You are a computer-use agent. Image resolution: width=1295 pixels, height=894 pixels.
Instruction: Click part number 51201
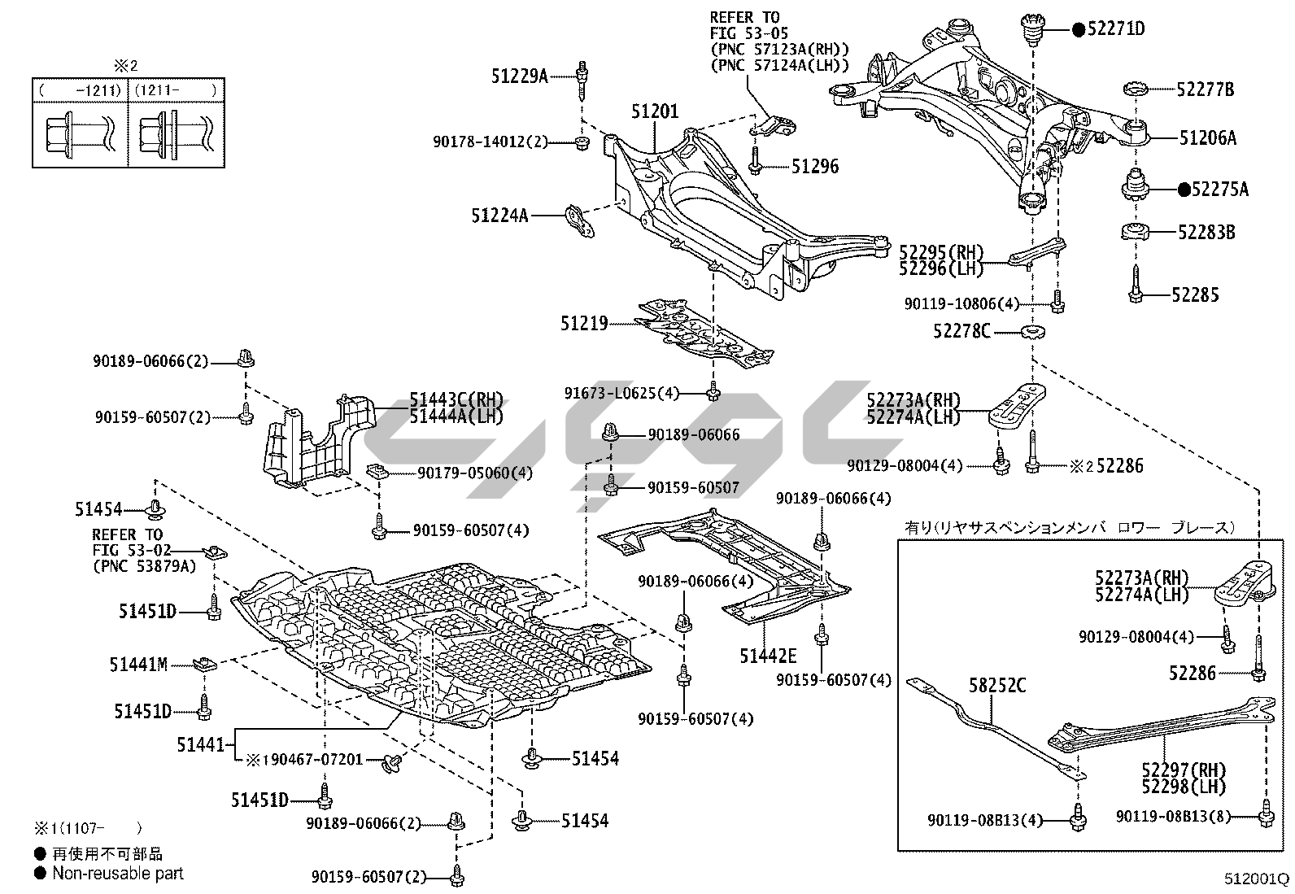point(654,111)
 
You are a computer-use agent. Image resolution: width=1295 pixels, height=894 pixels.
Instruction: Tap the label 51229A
point(519,76)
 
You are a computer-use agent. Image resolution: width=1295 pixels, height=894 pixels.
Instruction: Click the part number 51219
point(583,324)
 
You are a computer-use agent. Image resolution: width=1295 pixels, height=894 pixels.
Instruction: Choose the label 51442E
point(767,656)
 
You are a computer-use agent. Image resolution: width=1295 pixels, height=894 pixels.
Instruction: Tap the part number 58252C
point(996,686)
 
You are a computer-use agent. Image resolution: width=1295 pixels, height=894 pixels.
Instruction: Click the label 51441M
point(138,665)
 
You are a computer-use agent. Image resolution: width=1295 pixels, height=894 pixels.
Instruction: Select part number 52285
point(1195,294)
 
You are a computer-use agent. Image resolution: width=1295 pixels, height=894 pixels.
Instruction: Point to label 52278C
point(962,332)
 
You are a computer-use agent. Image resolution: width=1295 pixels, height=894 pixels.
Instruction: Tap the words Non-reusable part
point(118,874)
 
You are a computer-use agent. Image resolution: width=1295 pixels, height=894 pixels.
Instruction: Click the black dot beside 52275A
point(1184,190)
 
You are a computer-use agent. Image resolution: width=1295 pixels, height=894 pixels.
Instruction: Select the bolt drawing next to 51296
point(755,160)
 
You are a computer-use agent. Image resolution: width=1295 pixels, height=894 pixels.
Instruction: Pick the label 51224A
point(499,216)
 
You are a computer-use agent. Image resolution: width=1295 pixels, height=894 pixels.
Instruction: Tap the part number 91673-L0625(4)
point(632,394)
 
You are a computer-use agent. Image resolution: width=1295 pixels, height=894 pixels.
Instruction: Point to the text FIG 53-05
point(743,33)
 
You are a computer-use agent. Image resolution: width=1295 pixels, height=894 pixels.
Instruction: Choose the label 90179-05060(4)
point(475,473)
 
